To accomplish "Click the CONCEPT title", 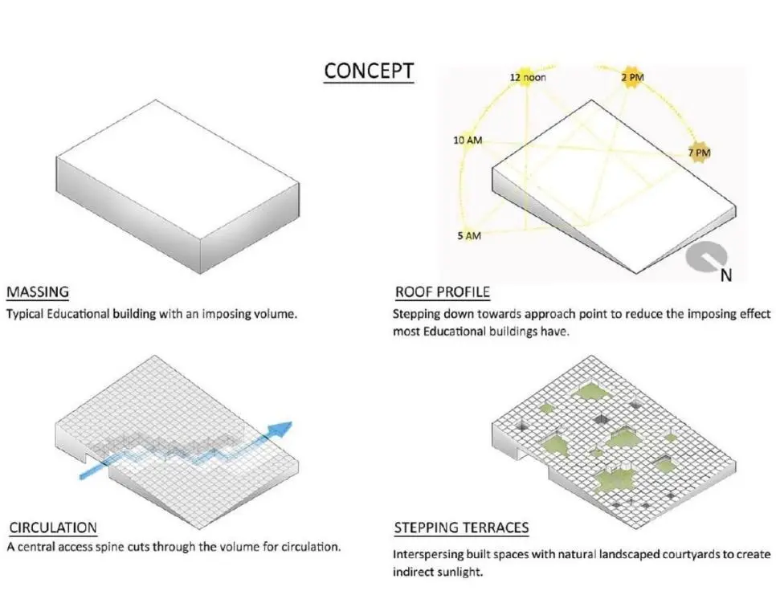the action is click(369, 71).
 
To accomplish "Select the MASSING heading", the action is click(38, 291).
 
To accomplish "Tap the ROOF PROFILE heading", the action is click(443, 292).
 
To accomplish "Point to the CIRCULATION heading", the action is click(53, 528).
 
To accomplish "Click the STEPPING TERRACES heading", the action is click(461, 528).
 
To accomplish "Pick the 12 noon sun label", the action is click(528, 77).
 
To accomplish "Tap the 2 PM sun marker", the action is click(632, 77).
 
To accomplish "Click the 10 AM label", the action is click(468, 140).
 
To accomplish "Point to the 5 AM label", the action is click(469, 235).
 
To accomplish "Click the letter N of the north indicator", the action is click(726, 275).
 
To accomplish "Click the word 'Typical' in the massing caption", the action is click(25, 314).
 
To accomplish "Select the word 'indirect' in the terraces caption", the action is click(413, 572).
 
